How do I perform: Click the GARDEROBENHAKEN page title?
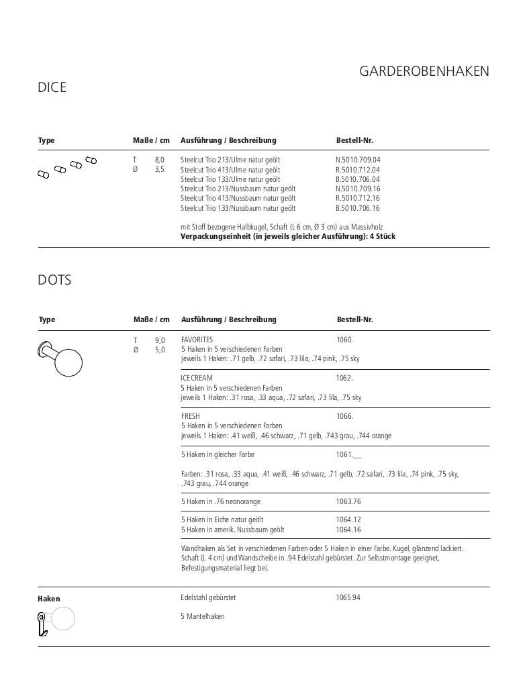click(x=424, y=71)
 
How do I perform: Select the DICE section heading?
click(x=52, y=87)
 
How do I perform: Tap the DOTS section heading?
click(x=54, y=280)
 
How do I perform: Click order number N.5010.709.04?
click(x=358, y=160)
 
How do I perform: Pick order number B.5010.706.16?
click(x=358, y=208)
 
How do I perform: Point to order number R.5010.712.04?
click(x=358, y=170)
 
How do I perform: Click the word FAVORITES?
click(x=197, y=340)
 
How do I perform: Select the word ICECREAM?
click(x=196, y=379)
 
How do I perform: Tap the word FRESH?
click(x=191, y=417)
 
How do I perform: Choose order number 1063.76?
click(x=348, y=502)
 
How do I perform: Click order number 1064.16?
click(x=348, y=530)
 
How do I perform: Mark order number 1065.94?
click(x=348, y=597)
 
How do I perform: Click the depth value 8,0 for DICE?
click(x=159, y=160)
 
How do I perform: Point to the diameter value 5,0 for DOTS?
click(x=160, y=350)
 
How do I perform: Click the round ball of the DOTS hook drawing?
click(x=68, y=362)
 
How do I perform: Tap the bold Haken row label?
click(x=49, y=599)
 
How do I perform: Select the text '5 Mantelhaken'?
click(x=202, y=616)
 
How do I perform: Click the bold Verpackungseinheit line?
click(x=287, y=236)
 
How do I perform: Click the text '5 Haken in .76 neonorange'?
click(x=220, y=502)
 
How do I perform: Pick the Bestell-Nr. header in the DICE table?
click(x=354, y=140)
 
